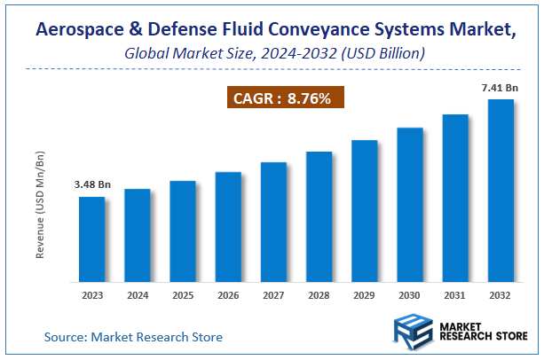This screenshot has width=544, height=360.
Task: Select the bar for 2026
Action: tap(228, 227)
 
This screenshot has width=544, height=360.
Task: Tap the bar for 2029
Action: tap(365, 211)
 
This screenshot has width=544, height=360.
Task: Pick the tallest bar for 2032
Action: tap(501, 191)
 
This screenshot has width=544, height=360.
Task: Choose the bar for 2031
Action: tap(455, 198)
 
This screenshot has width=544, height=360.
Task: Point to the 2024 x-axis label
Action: tap(137, 296)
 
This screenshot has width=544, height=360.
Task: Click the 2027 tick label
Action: tap(273, 296)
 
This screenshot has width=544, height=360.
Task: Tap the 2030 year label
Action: tap(410, 296)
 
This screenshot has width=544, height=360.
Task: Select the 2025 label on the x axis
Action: tap(182, 296)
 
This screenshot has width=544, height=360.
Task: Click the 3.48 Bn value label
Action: tap(91, 184)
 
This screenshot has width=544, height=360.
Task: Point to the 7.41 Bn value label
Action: tap(501, 87)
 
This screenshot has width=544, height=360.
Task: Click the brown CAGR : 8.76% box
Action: tap(281, 98)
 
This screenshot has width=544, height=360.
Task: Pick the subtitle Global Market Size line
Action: tap(274, 53)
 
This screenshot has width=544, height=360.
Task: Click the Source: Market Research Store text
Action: tap(133, 337)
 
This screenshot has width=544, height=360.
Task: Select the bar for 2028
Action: tap(319, 217)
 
